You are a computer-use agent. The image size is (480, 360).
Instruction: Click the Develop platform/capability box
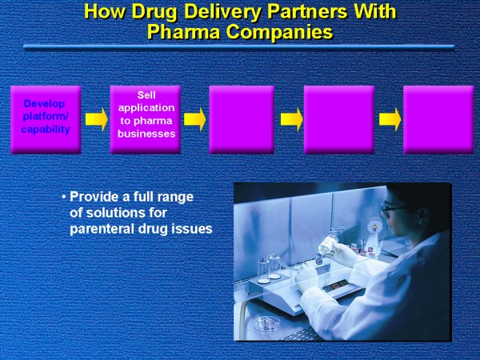coord(46,119)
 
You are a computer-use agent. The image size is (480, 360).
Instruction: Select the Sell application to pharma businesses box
coord(146,119)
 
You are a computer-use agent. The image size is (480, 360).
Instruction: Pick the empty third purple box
coord(242,119)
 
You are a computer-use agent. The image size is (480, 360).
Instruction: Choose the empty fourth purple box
coord(339,119)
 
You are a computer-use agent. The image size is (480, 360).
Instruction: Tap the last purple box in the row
coord(438,119)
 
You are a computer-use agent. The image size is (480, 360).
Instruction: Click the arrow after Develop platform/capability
coord(97,119)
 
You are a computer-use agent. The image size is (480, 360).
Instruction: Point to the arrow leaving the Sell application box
coord(194,119)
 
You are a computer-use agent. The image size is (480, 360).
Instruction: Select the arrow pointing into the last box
coord(390,119)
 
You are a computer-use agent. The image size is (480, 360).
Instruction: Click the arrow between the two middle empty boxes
coord(292,119)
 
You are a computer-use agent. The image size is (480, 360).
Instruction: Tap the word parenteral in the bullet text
coord(102,229)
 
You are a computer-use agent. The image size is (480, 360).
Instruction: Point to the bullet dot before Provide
coord(64,197)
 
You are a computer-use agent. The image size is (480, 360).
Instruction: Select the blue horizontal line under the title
coord(238,47)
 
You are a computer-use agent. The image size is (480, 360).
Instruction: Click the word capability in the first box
coord(46,130)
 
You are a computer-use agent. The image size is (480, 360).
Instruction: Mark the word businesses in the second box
coord(146,134)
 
